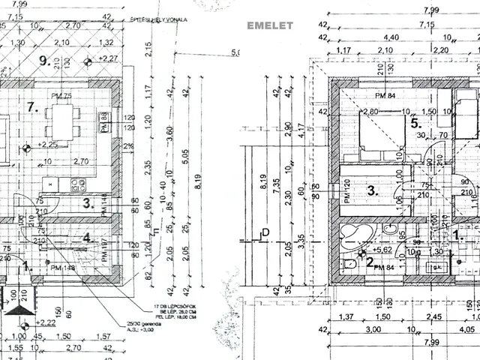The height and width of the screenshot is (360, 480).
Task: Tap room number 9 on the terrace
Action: (x=44, y=60)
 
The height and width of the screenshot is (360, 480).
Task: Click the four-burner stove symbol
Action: (x=79, y=184)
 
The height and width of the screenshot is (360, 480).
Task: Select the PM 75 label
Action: (x=61, y=96)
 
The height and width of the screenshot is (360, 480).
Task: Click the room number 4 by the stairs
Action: (x=86, y=238)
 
